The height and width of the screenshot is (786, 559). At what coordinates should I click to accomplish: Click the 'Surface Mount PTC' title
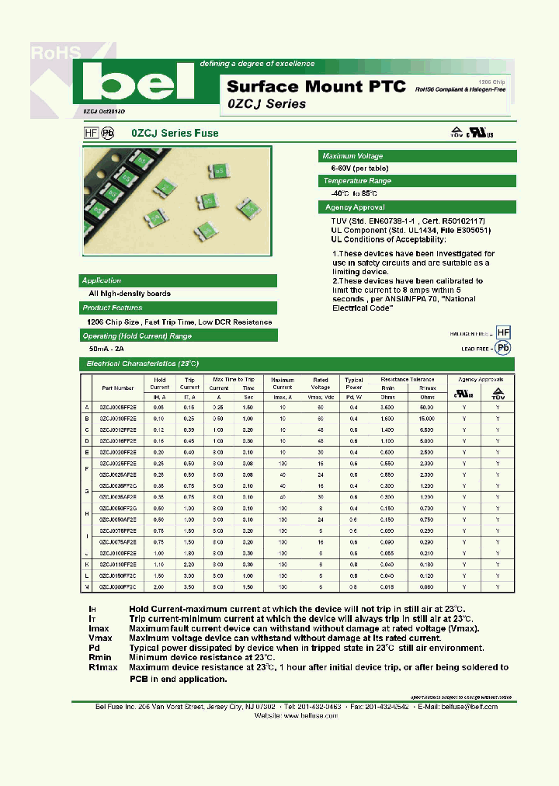(316, 86)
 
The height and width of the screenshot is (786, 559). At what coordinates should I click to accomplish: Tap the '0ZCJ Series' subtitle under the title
(266, 104)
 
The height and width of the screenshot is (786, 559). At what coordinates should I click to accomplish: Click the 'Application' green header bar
(102, 280)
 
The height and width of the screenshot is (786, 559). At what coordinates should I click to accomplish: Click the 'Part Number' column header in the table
(118, 387)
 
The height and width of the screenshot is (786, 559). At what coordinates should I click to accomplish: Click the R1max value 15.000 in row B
(426, 418)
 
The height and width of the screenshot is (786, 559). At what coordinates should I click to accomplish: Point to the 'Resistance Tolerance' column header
(407, 379)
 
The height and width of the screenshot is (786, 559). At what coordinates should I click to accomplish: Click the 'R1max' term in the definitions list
(102, 667)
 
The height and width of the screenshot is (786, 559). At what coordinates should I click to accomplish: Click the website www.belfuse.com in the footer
(310, 715)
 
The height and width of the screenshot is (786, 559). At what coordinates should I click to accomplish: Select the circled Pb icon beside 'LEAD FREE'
(503, 349)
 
